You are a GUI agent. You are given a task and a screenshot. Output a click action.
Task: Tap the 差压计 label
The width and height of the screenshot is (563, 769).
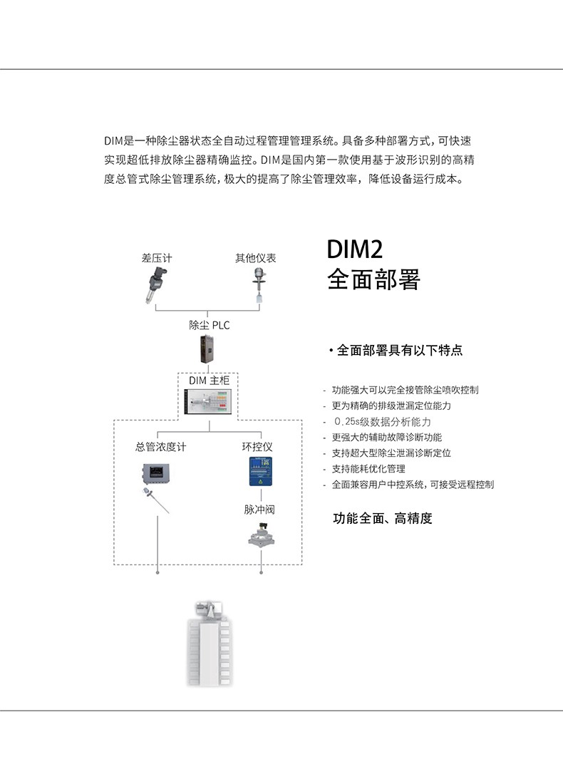pos(156,258)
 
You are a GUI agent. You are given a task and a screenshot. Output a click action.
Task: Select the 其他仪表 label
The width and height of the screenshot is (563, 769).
pos(256,258)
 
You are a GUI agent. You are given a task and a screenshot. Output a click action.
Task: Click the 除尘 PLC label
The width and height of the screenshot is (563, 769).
pos(210,325)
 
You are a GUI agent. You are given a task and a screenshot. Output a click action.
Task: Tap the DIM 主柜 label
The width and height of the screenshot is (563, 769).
pos(209,381)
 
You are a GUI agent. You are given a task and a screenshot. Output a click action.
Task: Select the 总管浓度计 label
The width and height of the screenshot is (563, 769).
pos(160,447)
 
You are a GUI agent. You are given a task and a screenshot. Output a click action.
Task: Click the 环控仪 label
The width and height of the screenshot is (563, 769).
pos(257,447)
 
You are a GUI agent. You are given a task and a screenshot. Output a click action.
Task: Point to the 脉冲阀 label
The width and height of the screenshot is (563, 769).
pos(259,510)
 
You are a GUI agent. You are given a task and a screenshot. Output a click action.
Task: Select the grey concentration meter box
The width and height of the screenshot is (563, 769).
pos(154,473)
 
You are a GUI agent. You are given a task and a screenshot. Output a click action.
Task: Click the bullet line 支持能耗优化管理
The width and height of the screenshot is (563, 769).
pos(368,469)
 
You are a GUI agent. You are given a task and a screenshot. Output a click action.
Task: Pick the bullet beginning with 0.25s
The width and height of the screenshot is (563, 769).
pos(381,422)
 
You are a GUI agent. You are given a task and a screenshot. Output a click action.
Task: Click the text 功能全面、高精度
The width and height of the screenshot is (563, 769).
pos(383,518)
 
